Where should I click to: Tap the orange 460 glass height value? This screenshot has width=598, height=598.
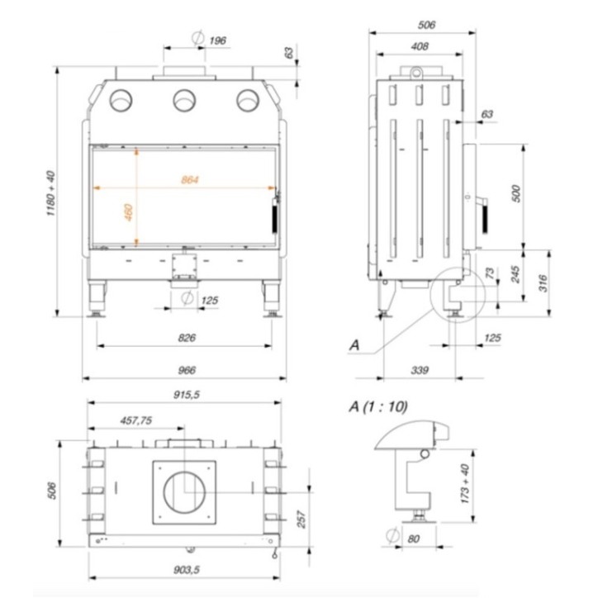click(x=128, y=211)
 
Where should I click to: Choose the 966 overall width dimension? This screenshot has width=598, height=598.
click(x=187, y=371)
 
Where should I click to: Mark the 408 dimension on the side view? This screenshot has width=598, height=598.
click(x=420, y=47)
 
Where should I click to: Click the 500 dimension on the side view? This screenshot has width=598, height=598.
click(x=516, y=194)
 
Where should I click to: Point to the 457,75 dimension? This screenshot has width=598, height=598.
click(x=136, y=420)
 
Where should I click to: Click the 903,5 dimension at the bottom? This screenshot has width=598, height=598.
click(x=185, y=569)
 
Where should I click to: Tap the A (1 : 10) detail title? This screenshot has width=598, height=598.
click(x=379, y=406)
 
